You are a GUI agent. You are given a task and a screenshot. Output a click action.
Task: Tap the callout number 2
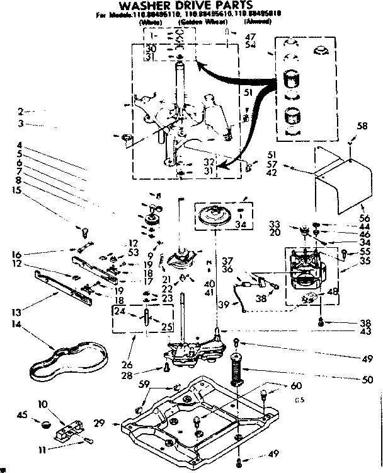(21, 112)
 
